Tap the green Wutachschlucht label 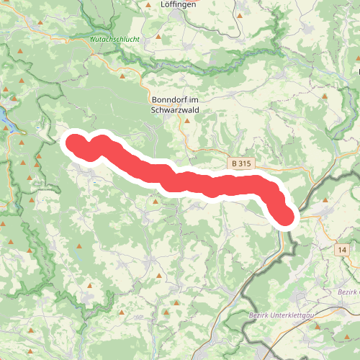(114, 39)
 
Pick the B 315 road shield (241, 164)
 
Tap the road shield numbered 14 (341, 248)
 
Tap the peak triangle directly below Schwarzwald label (186, 122)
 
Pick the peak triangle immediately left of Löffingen (148, 5)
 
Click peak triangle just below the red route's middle (156, 203)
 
